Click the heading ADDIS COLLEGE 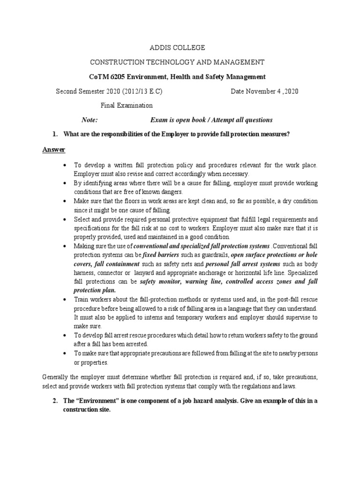177,48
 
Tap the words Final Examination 127,105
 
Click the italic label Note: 89,120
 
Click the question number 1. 55,135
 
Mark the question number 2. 55,401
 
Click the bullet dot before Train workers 64,299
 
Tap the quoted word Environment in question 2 98,401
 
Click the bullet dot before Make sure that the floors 64,201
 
